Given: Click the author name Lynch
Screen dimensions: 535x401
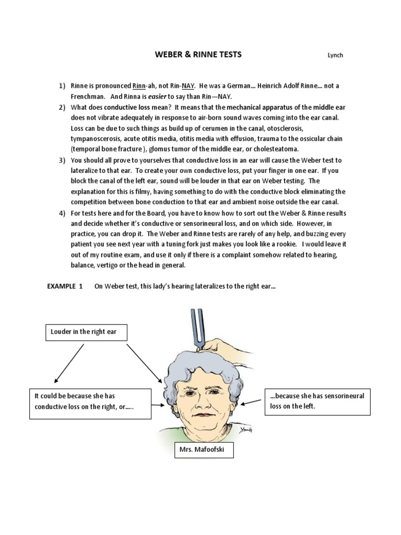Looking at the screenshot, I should [335, 56].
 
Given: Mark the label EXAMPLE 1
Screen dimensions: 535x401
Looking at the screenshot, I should [65, 286].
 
